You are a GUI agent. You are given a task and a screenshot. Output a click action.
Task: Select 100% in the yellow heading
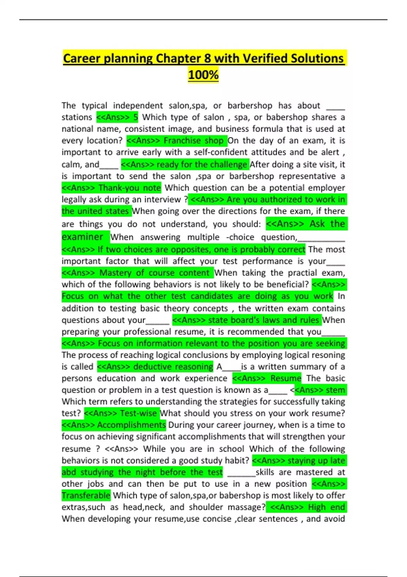[x=203, y=75]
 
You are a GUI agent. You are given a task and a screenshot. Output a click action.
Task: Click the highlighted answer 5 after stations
[x=135, y=117]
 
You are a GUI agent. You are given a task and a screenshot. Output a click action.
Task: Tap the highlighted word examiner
[x=82, y=237]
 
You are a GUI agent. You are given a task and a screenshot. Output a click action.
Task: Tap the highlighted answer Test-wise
[x=138, y=413]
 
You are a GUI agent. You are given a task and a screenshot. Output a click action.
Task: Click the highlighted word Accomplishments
[x=131, y=425]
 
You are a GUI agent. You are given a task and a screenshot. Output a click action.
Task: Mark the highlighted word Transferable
[x=86, y=496]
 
